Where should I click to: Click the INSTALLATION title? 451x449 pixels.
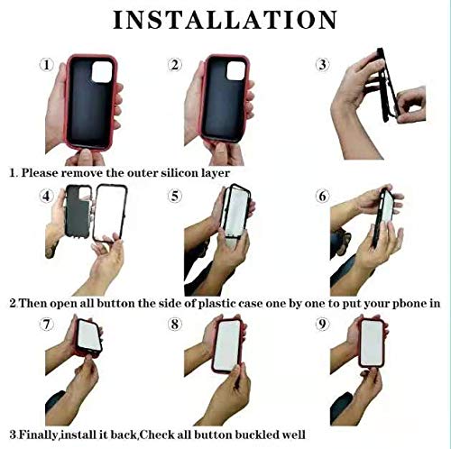225,20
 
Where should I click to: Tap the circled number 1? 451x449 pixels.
47,65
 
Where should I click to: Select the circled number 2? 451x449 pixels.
175,65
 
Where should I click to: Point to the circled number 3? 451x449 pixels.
323,65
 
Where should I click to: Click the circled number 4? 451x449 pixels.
47,197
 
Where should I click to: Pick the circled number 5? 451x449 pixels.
175,197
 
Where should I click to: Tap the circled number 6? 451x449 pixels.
323,197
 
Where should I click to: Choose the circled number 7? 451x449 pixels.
47,325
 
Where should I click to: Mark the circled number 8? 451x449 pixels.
175,325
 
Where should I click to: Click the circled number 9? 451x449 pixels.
323,324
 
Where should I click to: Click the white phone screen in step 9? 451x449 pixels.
372,343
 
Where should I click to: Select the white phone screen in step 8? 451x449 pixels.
227,345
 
